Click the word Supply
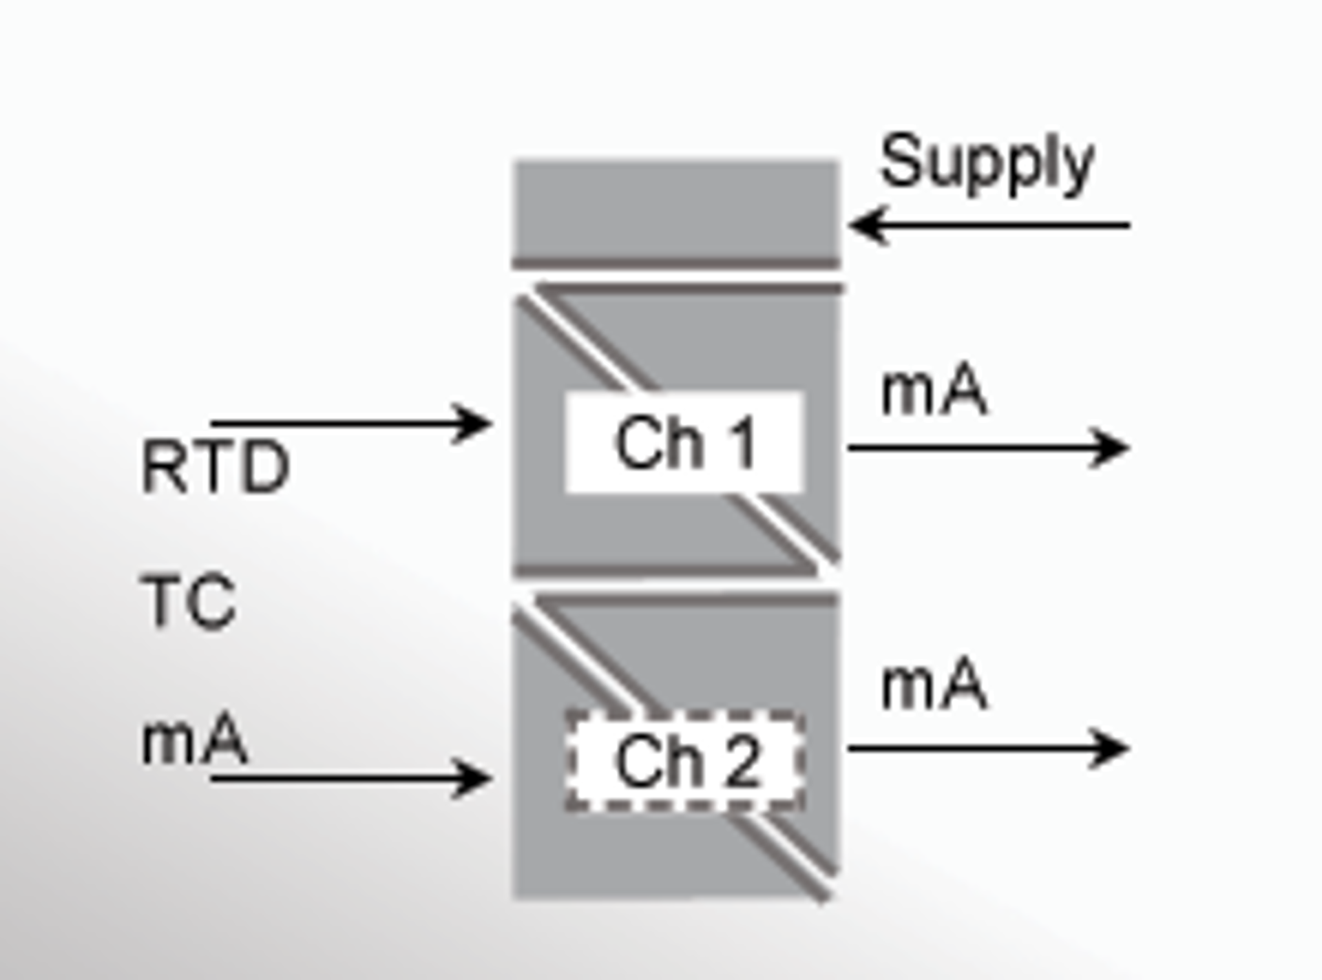point(987,163)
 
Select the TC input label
point(189,602)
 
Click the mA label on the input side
point(194,741)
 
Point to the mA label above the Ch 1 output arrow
point(934,391)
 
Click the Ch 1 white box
point(684,442)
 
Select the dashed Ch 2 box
point(684,761)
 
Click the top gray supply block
point(675,210)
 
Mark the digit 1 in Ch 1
point(744,444)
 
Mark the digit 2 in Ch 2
point(744,762)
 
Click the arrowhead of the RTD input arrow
point(473,423)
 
